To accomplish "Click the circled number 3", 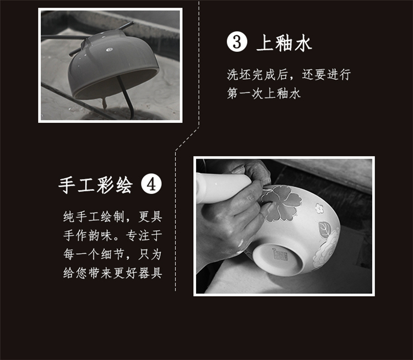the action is tap(237, 42).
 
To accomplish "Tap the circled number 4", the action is tap(151, 184).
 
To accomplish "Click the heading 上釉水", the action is tap(284, 43).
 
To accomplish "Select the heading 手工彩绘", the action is tap(95, 184).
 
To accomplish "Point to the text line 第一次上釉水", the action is tap(264, 93).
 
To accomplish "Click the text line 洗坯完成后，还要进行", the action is tap(289, 74).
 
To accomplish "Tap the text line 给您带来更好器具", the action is tap(112, 273).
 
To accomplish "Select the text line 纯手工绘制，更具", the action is tap(112, 217).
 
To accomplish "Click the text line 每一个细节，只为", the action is tap(112, 254).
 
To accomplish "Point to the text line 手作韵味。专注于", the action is tap(112, 236).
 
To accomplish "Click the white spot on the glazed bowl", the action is tap(110, 50).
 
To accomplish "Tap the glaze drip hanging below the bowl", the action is tap(104, 103).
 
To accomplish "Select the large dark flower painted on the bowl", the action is tap(281, 202).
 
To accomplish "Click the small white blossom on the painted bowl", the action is tap(319, 208).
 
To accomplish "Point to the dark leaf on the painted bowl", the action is tap(324, 229).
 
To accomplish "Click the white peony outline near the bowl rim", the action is tap(326, 249).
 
